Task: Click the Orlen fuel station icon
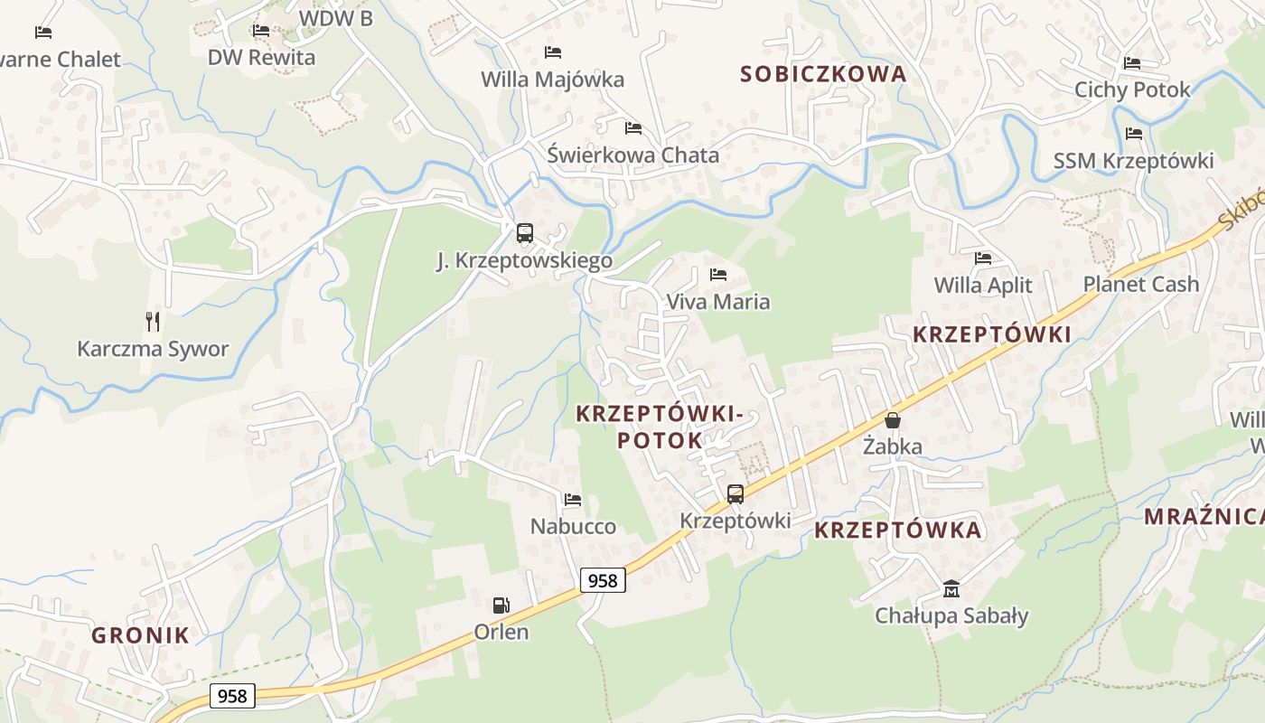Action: pos(501,605)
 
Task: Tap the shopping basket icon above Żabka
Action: pos(893,420)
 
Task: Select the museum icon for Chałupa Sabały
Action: pos(951,589)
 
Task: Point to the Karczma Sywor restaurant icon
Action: pos(153,321)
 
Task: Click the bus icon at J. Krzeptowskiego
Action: pos(525,233)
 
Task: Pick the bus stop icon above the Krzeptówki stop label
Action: pos(736,493)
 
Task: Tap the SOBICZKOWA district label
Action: pos(823,74)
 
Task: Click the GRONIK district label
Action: pos(141,635)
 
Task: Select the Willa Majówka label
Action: pos(552,80)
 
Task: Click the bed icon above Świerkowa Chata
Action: pos(633,128)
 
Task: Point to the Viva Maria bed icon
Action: pos(718,274)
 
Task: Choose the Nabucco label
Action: pos(573,526)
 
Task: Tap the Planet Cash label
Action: pos(1141,284)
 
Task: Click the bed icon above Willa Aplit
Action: pos(983,258)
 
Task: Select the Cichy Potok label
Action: pos(1132,89)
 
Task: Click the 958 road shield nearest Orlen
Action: pos(603,580)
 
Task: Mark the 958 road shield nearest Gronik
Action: pos(232,696)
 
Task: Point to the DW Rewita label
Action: pos(261,58)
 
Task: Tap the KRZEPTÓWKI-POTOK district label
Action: pos(659,427)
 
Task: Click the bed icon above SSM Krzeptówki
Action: pos(1134,134)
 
